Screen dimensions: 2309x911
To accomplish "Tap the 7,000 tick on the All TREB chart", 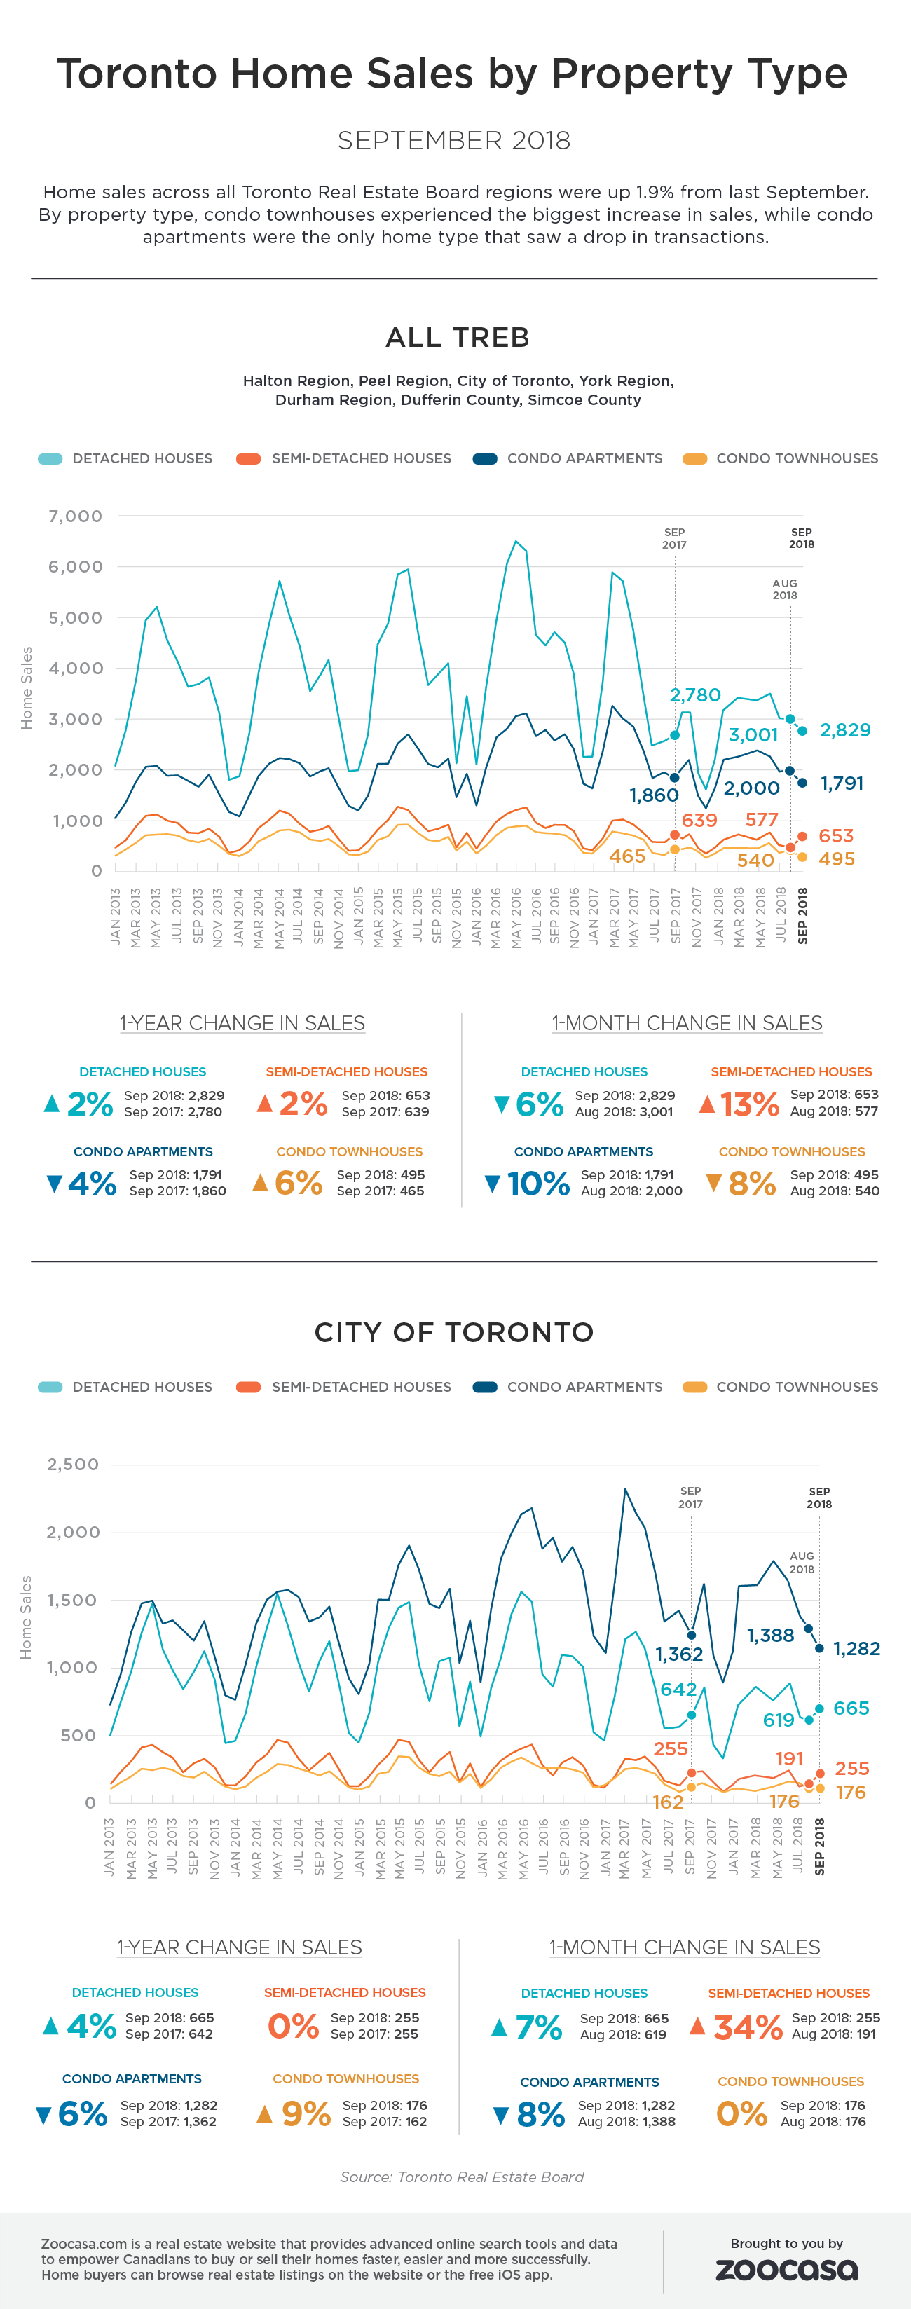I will pyautogui.click(x=75, y=516).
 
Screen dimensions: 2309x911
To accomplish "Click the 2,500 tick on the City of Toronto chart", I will pyautogui.click(x=73, y=1465).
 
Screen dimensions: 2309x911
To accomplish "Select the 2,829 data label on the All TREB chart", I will pyautogui.click(x=844, y=729).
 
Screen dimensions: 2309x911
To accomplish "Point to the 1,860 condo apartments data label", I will pyautogui.click(x=654, y=795).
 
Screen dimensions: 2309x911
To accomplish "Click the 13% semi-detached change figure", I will pyautogui.click(x=750, y=1104).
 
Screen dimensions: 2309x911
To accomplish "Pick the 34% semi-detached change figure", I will pyautogui.click(x=748, y=2027).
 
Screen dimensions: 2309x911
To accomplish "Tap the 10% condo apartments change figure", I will pyautogui.click(x=538, y=1183).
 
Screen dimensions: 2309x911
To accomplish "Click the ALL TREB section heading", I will pyautogui.click(x=458, y=338).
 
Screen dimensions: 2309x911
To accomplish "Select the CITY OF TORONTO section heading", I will pyautogui.click(x=453, y=1332).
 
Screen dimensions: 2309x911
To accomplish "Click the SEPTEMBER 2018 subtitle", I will pyautogui.click(x=453, y=141).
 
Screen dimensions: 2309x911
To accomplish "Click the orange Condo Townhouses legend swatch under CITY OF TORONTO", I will pyautogui.click(x=694, y=1387).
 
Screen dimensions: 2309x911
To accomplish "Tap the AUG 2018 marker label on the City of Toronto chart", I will pyautogui.click(x=802, y=1562).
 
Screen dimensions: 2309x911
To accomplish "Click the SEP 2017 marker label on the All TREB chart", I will pyautogui.click(x=674, y=537).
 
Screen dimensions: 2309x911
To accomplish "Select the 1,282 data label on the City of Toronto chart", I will pyautogui.click(x=856, y=1648).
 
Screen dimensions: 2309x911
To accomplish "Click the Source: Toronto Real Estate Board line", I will pyautogui.click(x=462, y=2177).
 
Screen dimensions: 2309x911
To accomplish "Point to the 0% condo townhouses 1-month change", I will pyautogui.click(x=741, y=2113).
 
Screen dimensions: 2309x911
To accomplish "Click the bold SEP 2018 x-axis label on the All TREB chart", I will pyautogui.click(x=802, y=915).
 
